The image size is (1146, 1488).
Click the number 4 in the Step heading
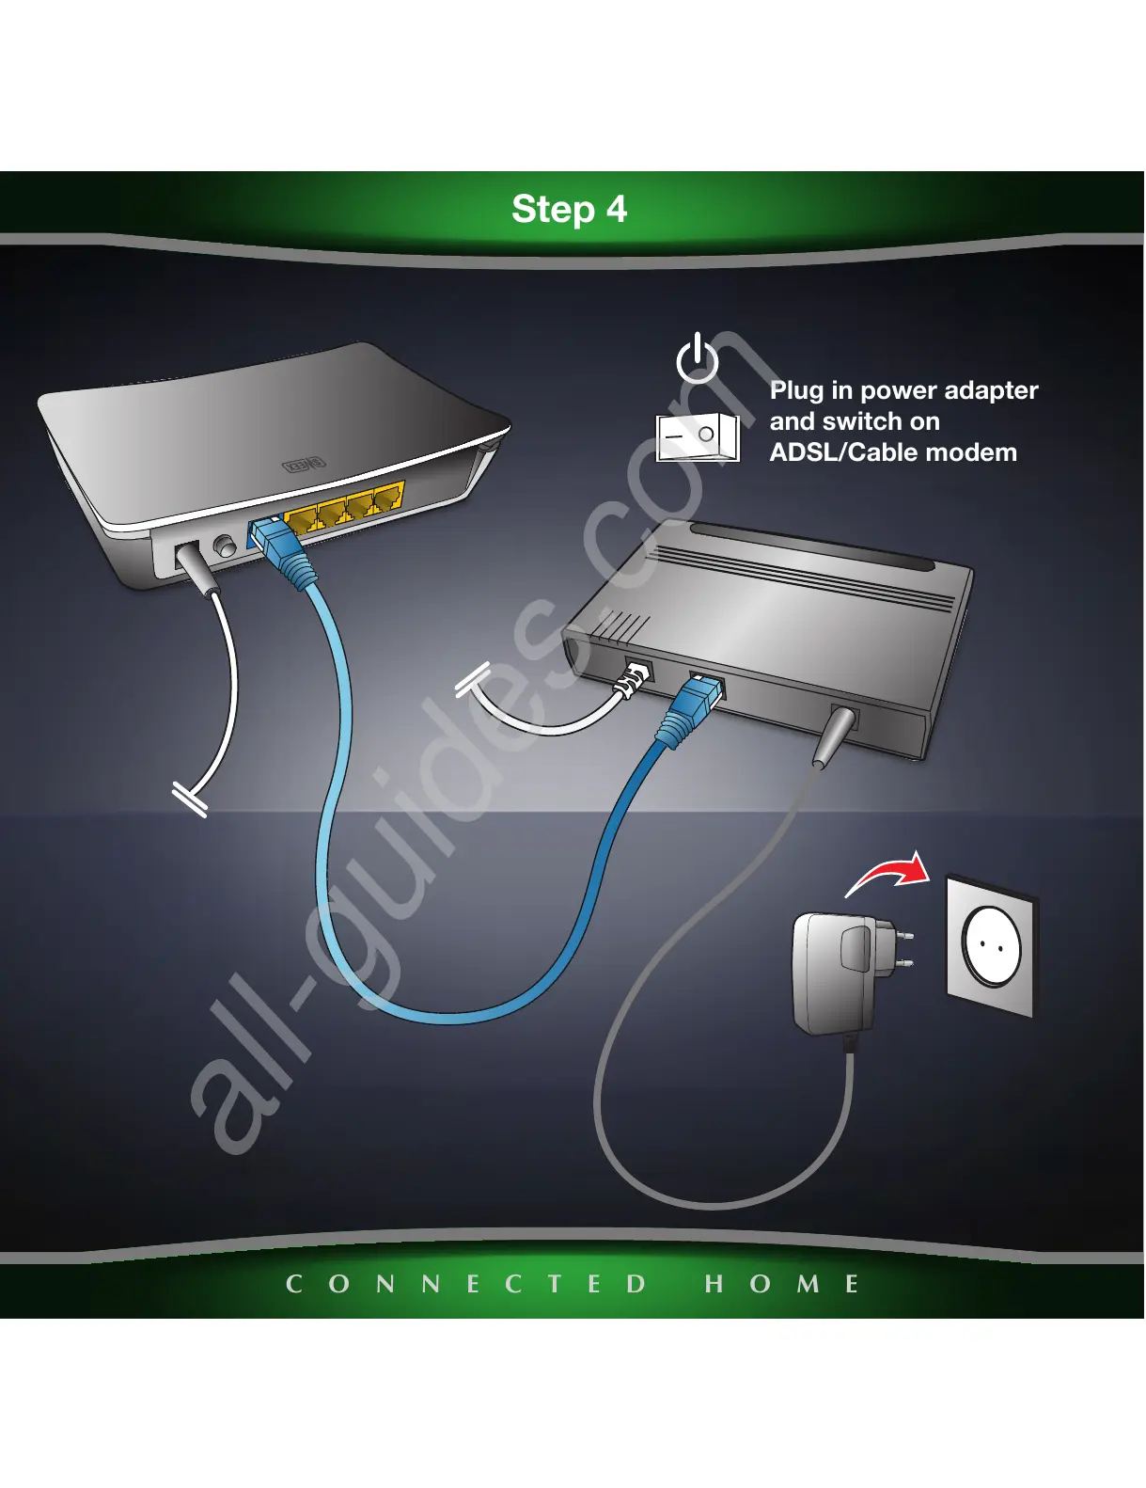coord(616,209)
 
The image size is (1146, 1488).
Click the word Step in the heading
coord(552,209)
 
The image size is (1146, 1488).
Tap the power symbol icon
coord(698,359)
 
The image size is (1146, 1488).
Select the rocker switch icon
coord(697,437)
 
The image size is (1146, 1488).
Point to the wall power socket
coord(990,946)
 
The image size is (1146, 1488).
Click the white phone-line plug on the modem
coord(633,680)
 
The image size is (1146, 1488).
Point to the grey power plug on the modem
coord(833,736)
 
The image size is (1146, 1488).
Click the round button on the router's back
coord(226,545)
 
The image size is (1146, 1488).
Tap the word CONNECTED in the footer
coord(466,1284)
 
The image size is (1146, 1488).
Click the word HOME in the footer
coord(781,1284)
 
